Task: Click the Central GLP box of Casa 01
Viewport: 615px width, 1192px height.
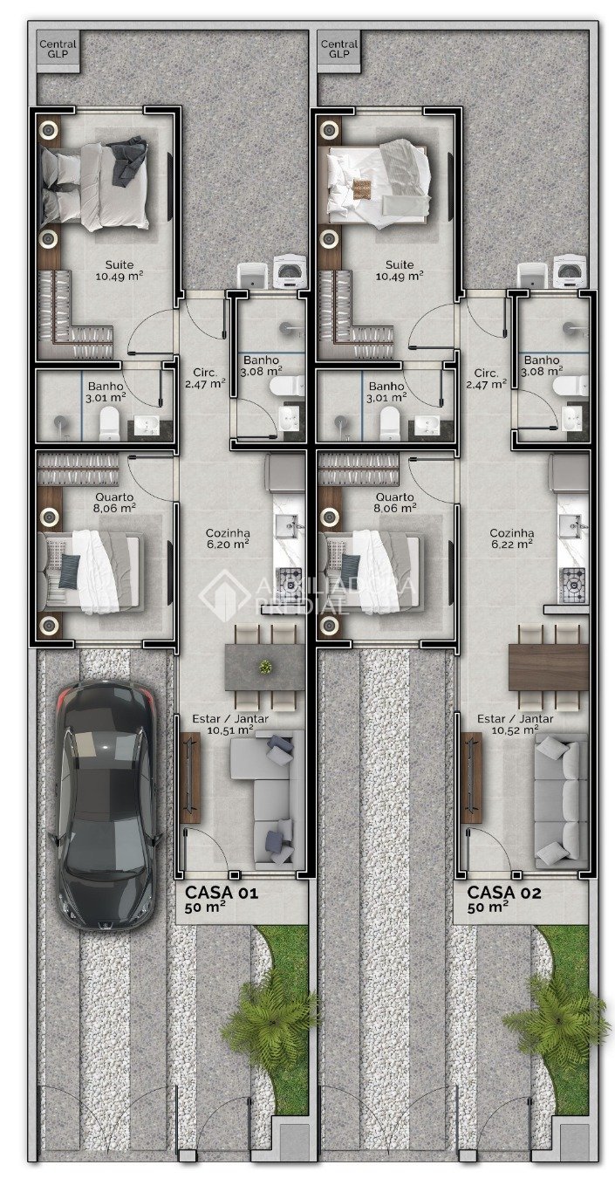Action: tap(57, 50)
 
